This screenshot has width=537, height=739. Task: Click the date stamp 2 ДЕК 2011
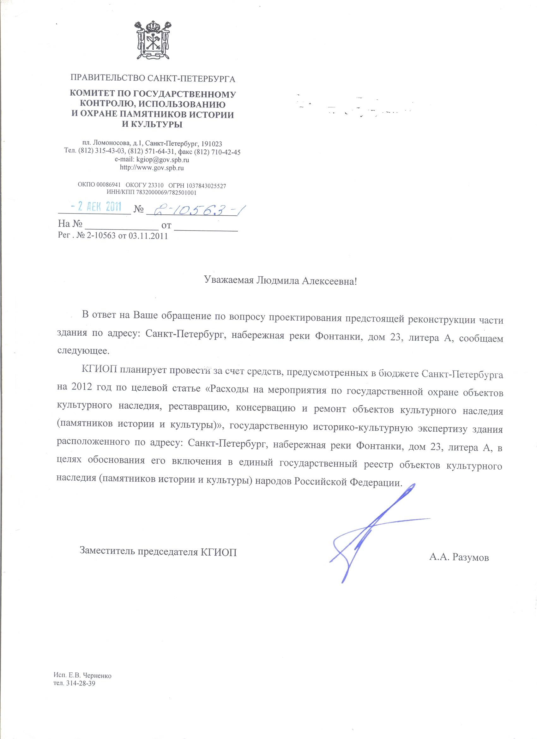click(97, 207)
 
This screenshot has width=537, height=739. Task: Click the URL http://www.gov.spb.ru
click(152, 168)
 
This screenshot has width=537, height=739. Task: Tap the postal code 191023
click(212, 143)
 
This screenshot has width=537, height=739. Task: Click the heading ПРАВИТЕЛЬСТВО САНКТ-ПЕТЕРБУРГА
click(153, 79)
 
